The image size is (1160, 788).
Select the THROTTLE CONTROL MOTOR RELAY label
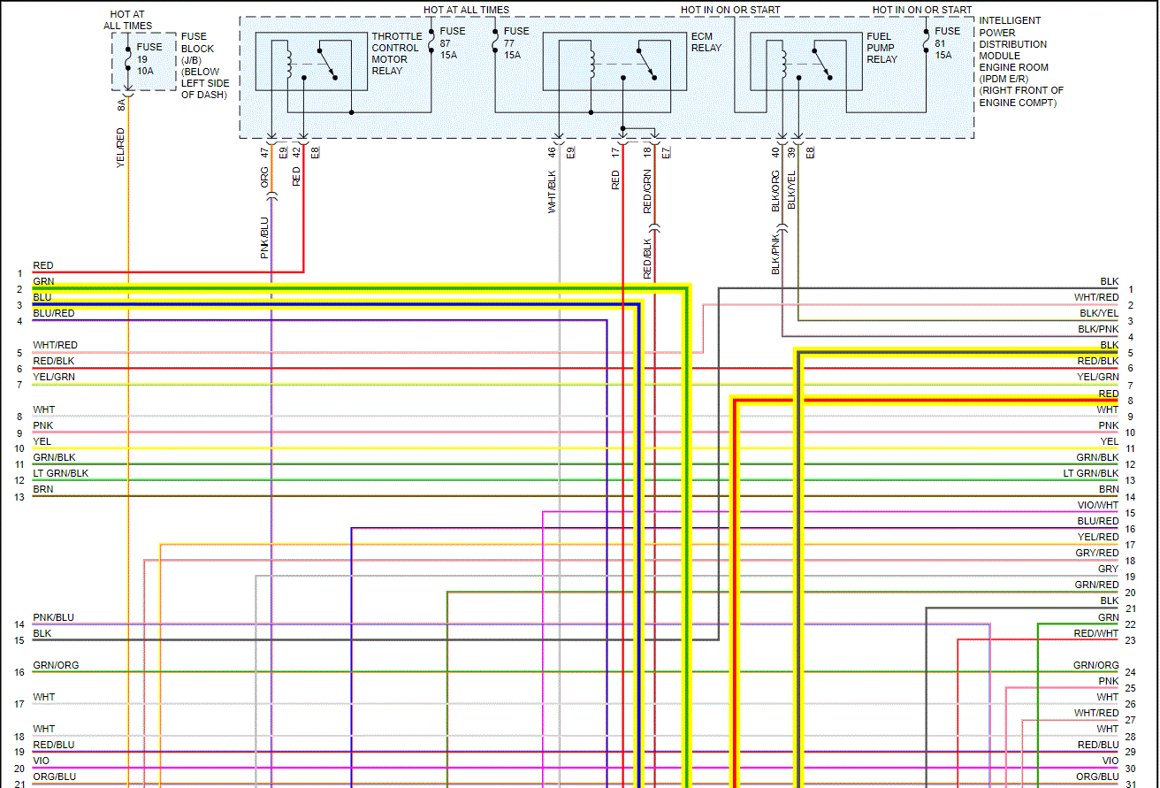coord(396,54)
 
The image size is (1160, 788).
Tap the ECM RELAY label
coord(706,42)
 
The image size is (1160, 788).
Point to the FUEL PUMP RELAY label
coord(881,48)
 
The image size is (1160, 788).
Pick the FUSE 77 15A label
coord(516,42)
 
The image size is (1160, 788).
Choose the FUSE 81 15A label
coord(947,42)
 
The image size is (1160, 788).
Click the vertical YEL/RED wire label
coord(121,148)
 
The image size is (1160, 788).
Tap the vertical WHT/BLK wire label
coord(552,191)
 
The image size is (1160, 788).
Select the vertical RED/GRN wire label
coord(647,193)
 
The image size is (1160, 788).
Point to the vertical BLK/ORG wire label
coord(775,192)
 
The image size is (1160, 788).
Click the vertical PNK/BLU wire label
coord(264,237)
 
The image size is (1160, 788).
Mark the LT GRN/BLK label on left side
coord(61,473)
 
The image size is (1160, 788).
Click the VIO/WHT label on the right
coord(1098,505)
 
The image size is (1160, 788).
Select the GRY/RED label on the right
coord(1097,553)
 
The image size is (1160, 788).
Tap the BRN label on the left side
coord(42,489)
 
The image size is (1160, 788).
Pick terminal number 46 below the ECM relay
coord(552,152)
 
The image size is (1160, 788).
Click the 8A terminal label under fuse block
coord(121,104)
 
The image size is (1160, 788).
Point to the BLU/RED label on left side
coord(54,313)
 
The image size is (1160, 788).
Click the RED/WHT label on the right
coord(1096,633)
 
